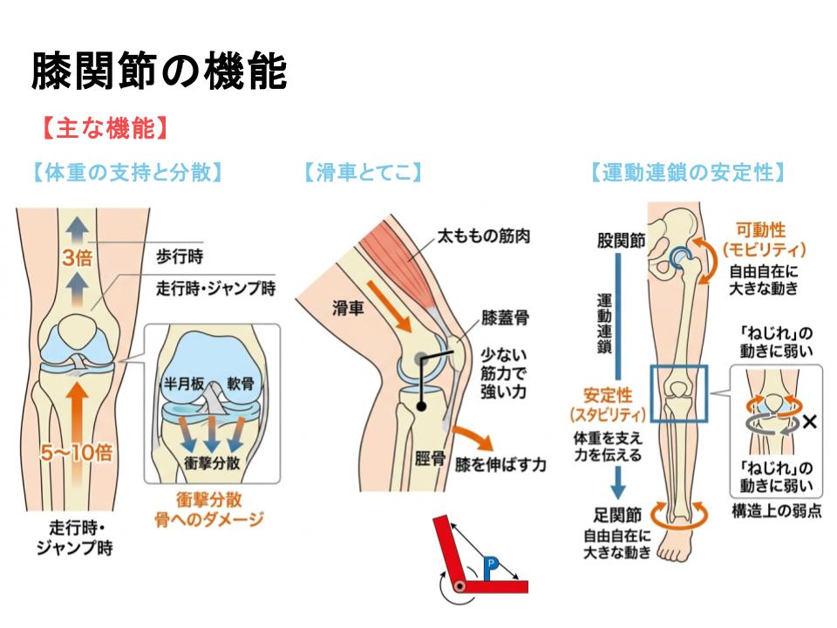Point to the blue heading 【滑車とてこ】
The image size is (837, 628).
(362, 173)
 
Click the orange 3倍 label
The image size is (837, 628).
(78, 257)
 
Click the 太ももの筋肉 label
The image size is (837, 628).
(484, 235)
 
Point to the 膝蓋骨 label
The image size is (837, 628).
(505, 317)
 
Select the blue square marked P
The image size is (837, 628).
(491, 563)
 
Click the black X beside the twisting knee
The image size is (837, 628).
(808, 422)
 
